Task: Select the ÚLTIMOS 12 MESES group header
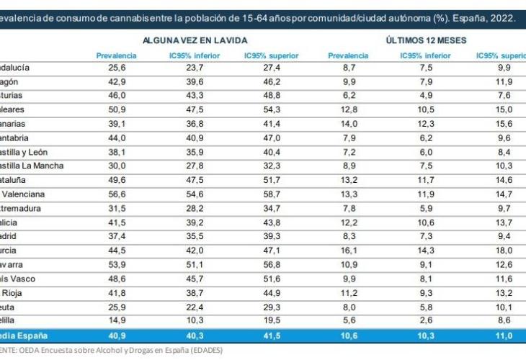pyautogui.click(x=426, y=42)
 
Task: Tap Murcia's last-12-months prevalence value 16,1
pyautogui.click(x=348, y=251)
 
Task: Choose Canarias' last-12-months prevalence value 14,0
pyautogui.click(x=348, y=124)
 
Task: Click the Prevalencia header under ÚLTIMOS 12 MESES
pyautogui.click(x=348, y=55)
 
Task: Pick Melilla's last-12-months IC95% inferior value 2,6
pyautogui.click(x=427, y=320)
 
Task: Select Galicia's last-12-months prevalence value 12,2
pyautogui.click(x=348, y=222)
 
